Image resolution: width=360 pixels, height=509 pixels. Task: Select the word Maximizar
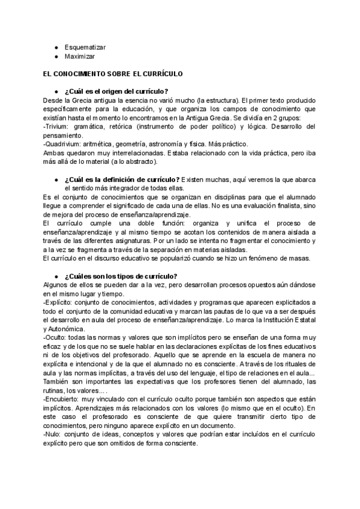click(80, 56)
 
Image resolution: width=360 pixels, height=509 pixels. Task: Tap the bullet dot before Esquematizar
click(56, 46)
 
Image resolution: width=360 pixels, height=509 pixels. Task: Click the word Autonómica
click(65, 329)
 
